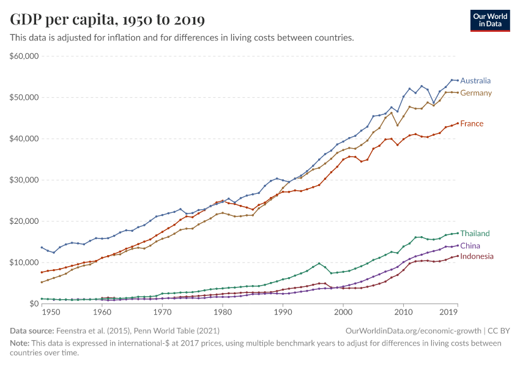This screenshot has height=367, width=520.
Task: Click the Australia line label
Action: click(x=475, y=81)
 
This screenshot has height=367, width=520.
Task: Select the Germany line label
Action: click(x=476, y=93)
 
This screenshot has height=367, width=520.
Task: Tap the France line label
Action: click(x=472, y=124)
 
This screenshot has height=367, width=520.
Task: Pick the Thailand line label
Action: click(x=475, y=234)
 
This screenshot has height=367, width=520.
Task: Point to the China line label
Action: click(x=470, y=246)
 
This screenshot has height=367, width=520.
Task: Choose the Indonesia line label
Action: click(x=477, y=256)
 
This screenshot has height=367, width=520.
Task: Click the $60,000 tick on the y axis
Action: click(x=24, y=56)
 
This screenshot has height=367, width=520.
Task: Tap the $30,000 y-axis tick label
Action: click(x=24, y=180)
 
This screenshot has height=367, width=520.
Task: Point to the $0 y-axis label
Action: click(x=34, y=303)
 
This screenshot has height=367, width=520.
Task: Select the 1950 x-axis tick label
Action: click(x=51, y=312)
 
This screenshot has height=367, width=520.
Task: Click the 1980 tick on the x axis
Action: click(x=223, y=312)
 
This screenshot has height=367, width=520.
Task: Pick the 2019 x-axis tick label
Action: click(x=448, y=312)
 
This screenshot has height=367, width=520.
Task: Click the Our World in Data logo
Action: click(x=490, y=21)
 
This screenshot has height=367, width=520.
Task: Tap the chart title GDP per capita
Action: click(x=107, y=20)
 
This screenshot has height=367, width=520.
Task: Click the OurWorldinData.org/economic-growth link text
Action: click(x=413, y=331)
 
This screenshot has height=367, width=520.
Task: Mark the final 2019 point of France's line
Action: click(x=458, y=124)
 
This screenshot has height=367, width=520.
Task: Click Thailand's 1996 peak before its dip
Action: click(x=319, y=264)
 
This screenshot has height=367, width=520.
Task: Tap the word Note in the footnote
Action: click(x=20, y=343)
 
